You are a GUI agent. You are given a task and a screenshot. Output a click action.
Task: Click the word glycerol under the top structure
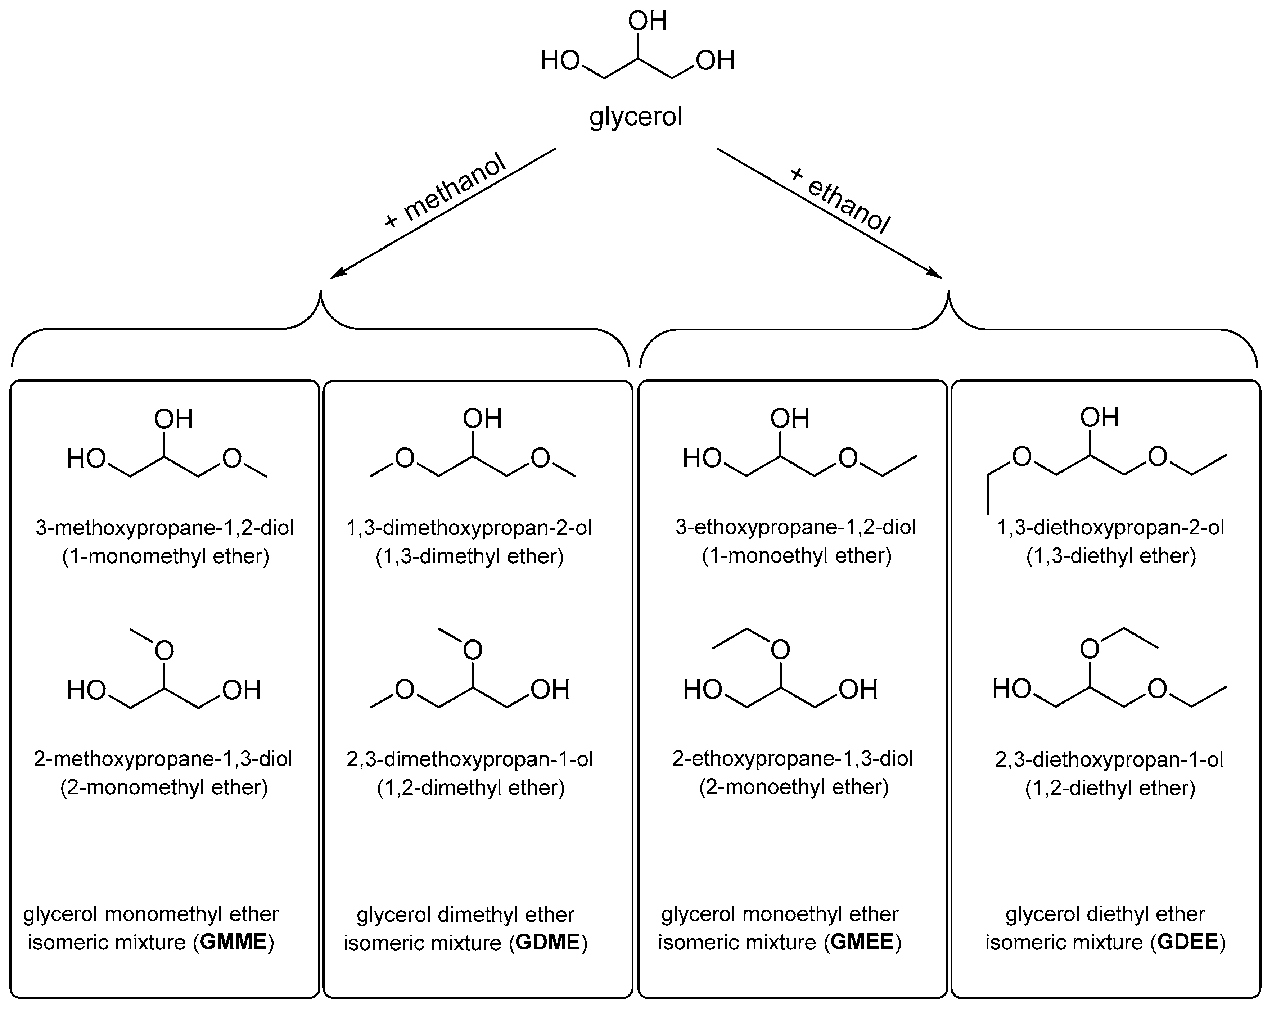(635, 117)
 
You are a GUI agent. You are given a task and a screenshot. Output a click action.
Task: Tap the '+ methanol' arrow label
(446, 190)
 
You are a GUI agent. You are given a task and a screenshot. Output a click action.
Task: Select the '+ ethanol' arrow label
(840, 199)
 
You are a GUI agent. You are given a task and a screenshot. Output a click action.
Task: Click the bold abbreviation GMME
(234, 942)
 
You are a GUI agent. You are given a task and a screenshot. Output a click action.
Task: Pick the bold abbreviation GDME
(548, 942)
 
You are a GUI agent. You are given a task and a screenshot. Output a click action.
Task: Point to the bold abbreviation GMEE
(862, 942)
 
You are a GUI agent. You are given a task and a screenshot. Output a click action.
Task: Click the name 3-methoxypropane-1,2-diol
(164, 527)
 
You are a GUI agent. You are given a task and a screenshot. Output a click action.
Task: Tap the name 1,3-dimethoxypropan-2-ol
(469, 527)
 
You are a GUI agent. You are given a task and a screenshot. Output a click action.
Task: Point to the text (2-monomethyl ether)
(164, 787)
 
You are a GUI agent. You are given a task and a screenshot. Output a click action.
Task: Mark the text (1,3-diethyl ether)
(1111, 556)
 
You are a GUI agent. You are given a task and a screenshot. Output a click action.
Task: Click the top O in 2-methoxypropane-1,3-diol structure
(164, 651)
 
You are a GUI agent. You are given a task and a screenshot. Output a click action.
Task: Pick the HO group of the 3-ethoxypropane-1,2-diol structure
(702, 458)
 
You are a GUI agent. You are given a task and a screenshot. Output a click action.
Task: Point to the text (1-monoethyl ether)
(797, 556)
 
